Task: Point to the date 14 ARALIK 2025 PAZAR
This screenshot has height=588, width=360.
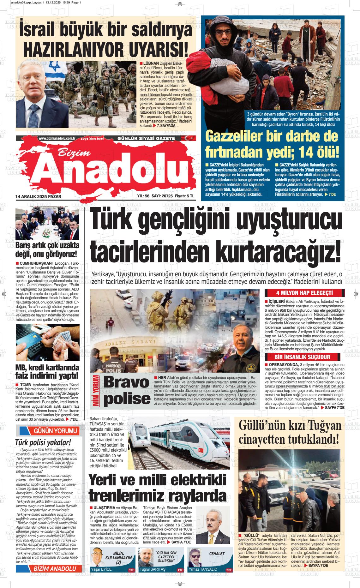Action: click(x=38, y=196)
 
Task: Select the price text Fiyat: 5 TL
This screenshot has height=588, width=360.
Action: click(x=184, y=196)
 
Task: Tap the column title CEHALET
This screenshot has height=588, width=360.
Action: click(x=217, y=554)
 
